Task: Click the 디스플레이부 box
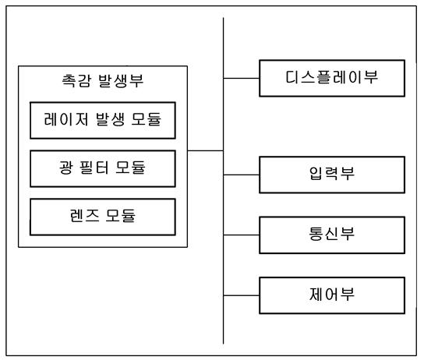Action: point(332,78)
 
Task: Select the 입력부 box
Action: point(332,175)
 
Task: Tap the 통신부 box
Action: point(332,235)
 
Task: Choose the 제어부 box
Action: point(332,295)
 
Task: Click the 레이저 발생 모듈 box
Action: point(103,120)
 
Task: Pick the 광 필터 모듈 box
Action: point(103,168)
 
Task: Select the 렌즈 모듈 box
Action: point(103,217)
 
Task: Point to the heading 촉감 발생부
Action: point(102,80)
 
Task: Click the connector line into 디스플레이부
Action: point(241,79)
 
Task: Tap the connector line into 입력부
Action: point(241,175)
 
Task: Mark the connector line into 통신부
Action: point(241,235)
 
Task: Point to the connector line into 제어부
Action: point(241,295)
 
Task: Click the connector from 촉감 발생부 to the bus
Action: point(205,150)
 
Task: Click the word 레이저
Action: point(65,119)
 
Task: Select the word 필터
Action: point(94,168)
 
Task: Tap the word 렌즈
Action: point(84,215)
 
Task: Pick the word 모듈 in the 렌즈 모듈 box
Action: point(120,216)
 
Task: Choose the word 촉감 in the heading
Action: point(76,80)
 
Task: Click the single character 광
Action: point(66,168)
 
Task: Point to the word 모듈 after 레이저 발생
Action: point(147,119)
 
